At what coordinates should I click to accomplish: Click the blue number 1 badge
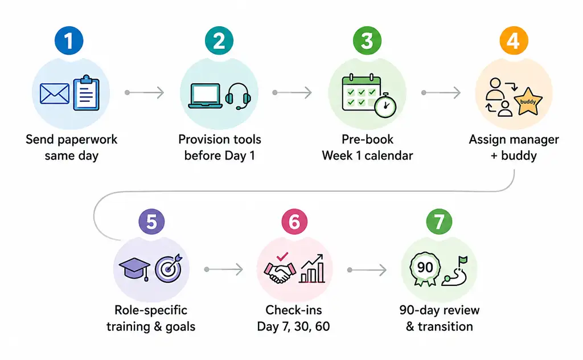tap(69, 40)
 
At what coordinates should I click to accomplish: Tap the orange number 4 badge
tap(514, 40)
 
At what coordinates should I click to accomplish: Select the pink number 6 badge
tap(294, 222)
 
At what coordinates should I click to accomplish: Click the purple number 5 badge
tap(151, 222)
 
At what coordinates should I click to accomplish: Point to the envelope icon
tap(55, 94)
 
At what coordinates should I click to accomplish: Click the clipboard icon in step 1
tap(87, 93)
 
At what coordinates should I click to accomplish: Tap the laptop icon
tap(205, 96)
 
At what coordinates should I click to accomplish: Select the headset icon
tap(238, 96)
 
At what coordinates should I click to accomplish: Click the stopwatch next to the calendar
tap(385, 105)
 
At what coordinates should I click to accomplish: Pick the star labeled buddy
tap(528, 101)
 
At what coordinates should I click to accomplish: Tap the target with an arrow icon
tap(169, 268)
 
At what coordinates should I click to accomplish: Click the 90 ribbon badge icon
tap(425, 268)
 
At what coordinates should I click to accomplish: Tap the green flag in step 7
tap(462, 260)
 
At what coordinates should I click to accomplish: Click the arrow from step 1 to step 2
tap(145, 92)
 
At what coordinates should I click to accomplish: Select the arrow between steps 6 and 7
tap(367, 269)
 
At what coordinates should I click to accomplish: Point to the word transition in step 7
tap(445, 326)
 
